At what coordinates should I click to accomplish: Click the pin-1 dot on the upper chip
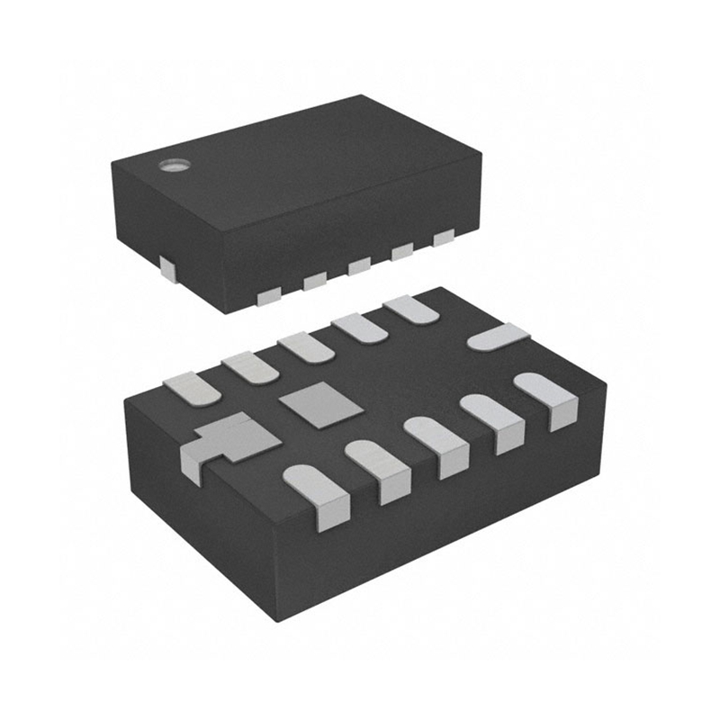(x=171, y=165)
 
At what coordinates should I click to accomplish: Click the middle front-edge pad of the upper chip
(x=359, y=266)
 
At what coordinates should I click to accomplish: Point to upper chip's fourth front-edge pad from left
(x=401, y=252)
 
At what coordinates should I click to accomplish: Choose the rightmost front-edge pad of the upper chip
(x=443, y=239)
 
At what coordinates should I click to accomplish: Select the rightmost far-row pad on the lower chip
(x=410, y=309)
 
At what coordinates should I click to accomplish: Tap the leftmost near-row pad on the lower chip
(x=315, y=493)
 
